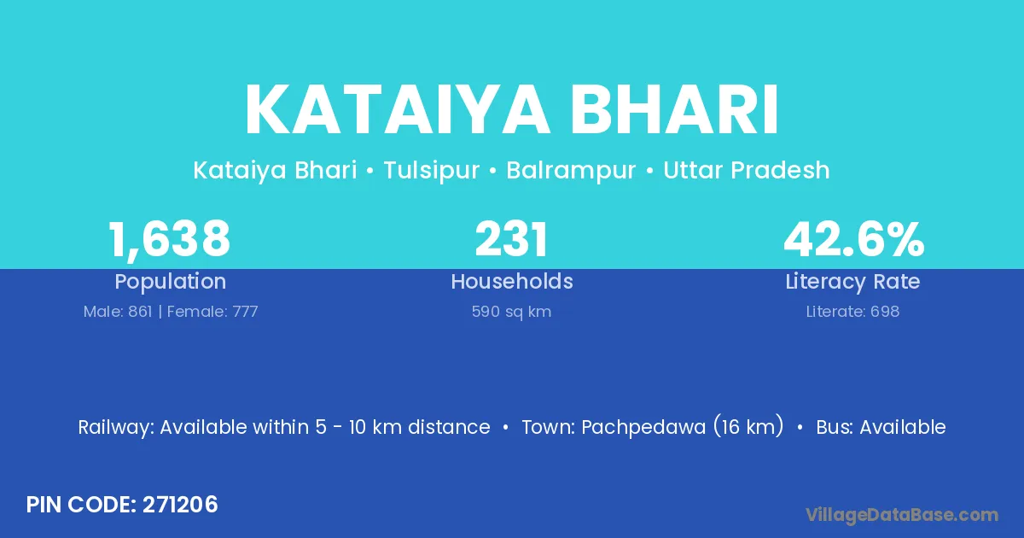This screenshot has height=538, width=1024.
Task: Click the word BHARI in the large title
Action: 674,110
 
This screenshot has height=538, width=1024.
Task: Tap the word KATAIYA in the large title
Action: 397,110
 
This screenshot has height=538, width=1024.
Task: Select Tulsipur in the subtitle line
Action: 432,171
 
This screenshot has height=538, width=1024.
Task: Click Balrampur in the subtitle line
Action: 571,171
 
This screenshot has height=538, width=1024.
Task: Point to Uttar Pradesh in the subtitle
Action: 747,170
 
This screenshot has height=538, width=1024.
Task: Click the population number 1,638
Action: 169,240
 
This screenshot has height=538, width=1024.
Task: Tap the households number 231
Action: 511,239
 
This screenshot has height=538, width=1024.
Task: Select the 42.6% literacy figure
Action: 854,239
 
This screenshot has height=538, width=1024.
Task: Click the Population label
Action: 171,282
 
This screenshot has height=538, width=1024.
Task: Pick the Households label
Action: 512,281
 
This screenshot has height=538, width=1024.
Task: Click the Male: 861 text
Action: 118,312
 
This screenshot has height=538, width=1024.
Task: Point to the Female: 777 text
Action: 212,312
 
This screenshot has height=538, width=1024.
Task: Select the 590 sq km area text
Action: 511,312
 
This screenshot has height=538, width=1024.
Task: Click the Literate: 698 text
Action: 852,312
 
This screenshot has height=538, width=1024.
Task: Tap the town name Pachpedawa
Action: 643,428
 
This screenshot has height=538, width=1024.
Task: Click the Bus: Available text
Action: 881,427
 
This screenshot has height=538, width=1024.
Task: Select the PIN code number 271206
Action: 180,505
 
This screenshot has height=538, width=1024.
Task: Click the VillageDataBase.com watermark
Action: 902,515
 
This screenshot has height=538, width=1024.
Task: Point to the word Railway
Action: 116,428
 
